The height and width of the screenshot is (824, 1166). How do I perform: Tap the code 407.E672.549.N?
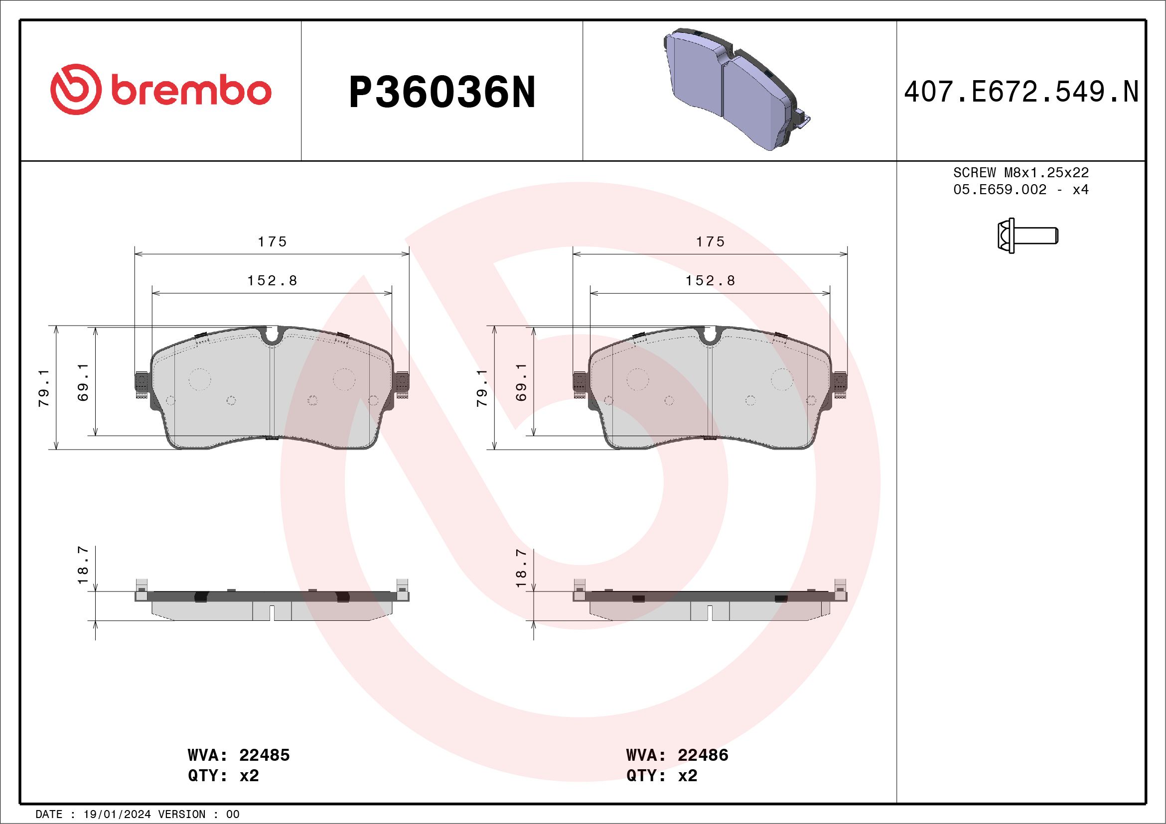(x=1021, y=92)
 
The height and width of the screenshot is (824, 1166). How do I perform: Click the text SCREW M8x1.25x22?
(x=1021, y=172)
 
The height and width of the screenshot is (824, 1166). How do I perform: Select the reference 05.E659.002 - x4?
(x=1021, y=190)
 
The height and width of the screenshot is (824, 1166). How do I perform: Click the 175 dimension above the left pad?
(x=272, y=242)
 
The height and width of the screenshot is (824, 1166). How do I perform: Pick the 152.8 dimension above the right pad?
(x=710, y=281)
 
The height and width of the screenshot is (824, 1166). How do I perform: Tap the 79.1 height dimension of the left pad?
(x=45, y=388)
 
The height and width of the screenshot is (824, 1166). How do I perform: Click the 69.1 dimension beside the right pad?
(x=521, y=382)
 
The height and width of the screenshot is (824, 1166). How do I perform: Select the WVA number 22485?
(x=264, y=755)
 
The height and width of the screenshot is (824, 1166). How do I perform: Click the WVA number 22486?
(x=703, y=755)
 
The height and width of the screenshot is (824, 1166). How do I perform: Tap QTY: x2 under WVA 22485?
(x=223, y=776)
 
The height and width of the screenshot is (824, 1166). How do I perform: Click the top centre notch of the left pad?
(x=273, y=336)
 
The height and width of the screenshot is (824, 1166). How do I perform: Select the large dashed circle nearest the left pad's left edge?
(x=199, y=379)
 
